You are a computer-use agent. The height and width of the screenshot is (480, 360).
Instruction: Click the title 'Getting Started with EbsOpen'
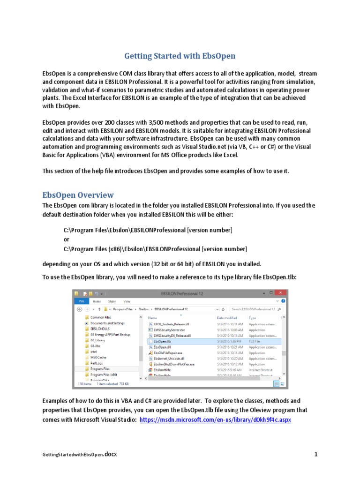pos(180,56)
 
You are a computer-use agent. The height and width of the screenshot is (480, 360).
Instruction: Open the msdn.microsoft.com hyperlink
pos(215,420)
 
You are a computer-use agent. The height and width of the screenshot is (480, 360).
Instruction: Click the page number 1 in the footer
pos(316,454)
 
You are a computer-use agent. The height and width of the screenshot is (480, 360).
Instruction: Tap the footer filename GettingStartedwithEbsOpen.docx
pos(79,455)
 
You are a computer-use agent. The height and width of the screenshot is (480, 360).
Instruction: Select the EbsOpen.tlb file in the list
pos(162,342)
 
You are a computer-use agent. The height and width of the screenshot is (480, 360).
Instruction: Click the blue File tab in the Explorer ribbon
pos(81,301)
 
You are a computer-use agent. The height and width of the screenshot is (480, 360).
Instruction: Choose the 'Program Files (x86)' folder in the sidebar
pos(104,375)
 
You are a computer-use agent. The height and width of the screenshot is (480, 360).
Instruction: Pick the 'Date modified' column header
pos(227,317)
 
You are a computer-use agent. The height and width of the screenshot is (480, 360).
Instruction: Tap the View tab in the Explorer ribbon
pos(127,301)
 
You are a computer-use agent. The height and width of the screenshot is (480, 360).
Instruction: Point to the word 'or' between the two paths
pos(66,239)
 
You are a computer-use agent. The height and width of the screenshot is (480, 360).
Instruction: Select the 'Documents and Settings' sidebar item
pos(107,323)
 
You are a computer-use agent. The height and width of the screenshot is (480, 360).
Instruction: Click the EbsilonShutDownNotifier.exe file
pos(173,364)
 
